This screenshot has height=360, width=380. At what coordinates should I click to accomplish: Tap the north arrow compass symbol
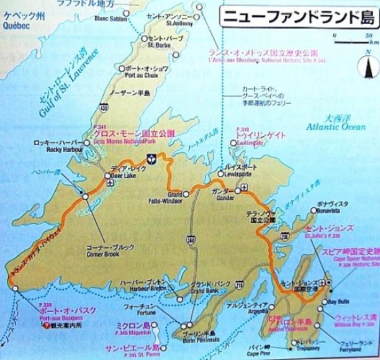[366, 68]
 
